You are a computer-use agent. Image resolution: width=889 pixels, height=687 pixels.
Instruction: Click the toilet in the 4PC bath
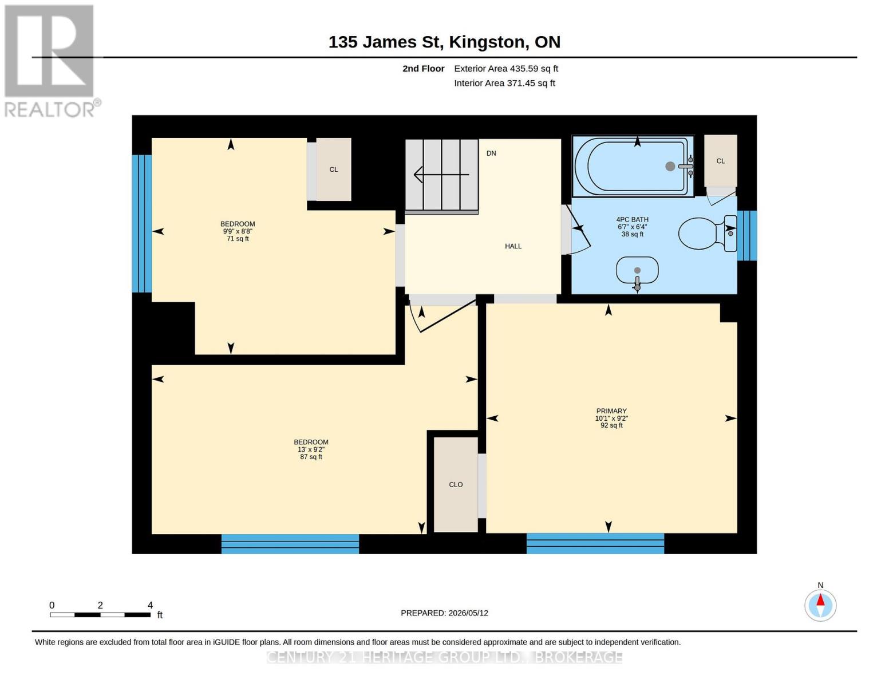706,233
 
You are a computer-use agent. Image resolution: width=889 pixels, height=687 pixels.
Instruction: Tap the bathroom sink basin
637,270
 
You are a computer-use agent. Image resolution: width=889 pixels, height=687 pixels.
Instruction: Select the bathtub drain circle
670,166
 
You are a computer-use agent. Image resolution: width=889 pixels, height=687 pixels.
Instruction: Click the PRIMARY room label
611,411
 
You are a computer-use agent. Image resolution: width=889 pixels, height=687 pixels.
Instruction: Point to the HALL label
513,246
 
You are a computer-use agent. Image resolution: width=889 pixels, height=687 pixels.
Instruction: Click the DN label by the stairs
491,153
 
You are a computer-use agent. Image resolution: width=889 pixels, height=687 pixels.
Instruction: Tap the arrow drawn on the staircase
441,175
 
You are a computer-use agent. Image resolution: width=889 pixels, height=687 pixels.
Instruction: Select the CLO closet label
456,485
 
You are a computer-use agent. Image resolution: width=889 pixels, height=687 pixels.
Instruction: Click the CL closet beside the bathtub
721,161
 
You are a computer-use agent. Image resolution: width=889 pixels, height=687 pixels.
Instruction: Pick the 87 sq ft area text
311,457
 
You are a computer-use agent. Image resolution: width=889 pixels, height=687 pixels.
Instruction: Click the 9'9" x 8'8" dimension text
238,232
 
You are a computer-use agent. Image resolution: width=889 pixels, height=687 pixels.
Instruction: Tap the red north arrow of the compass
820,600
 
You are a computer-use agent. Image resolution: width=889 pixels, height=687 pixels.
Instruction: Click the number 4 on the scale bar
150,605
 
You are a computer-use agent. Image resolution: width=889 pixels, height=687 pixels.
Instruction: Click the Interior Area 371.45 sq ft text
504,84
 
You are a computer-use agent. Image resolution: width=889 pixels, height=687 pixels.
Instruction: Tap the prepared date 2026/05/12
468,613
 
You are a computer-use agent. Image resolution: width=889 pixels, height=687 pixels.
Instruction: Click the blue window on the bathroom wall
746,235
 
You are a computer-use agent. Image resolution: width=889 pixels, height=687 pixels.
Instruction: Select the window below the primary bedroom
595,543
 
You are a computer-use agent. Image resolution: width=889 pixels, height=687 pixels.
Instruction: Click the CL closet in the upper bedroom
333,169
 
